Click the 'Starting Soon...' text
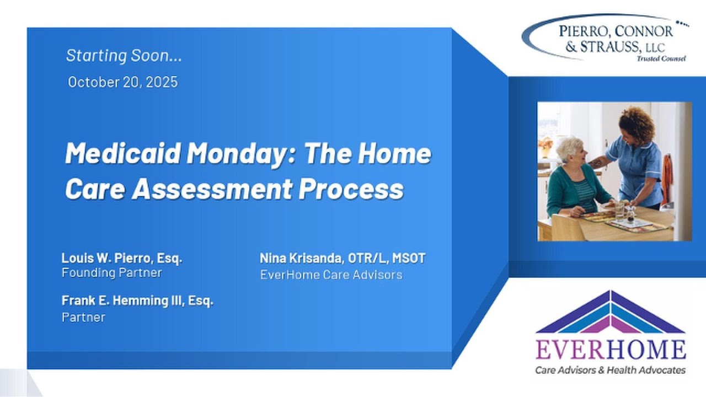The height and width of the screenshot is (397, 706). coord(124,56)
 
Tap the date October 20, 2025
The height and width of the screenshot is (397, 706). coord(122,82)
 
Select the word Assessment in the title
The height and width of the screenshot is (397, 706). coord(212,189)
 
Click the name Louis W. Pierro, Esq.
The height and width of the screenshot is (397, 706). coord(122,258)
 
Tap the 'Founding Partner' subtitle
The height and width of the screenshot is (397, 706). coord(111,272)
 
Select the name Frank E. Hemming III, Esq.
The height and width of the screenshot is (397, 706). coord(137,301)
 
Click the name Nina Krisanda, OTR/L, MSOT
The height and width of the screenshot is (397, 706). coord(343,258)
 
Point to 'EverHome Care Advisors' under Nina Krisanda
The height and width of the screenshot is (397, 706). coord(331,274)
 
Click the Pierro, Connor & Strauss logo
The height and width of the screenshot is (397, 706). coord(605,37)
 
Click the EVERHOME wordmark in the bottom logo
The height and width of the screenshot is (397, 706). coord(611,350)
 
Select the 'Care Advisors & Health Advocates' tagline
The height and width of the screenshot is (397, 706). coord(611,370)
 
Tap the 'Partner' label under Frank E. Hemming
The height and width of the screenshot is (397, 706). coord(83,317)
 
